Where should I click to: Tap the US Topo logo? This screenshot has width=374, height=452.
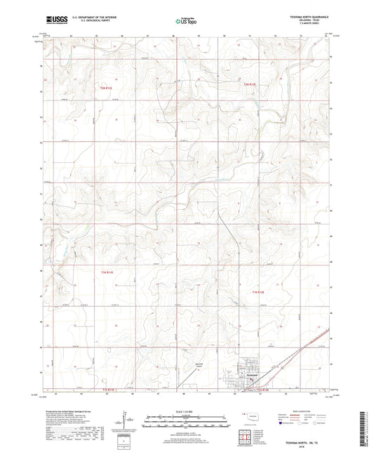tap(186, 22)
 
